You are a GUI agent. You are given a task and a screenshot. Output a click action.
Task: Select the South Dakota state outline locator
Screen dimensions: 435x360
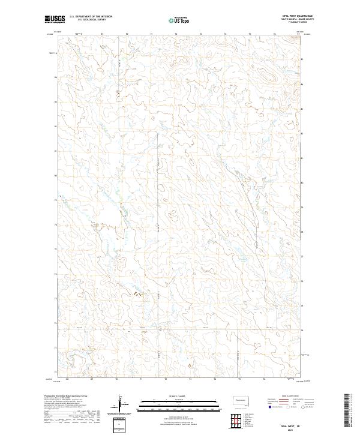click(x=239, y=400)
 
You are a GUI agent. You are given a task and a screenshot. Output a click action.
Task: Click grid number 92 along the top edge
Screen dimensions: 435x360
click(x=175, y=34)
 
